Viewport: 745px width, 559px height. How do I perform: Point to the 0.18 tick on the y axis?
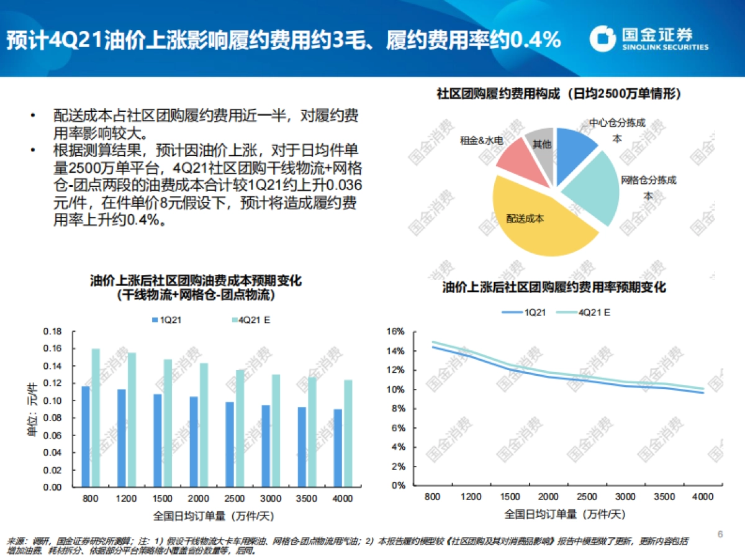(x=53, y=332)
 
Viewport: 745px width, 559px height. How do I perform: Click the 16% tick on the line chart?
(x=396, y=332)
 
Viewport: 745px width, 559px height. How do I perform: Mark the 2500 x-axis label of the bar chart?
(x=234, y=499)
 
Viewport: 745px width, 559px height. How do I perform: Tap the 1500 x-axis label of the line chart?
(x=511, y=497)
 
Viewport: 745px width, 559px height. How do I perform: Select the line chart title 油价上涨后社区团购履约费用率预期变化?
(x=554, y=288)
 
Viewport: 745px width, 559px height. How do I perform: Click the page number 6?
(x=720, y=534)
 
